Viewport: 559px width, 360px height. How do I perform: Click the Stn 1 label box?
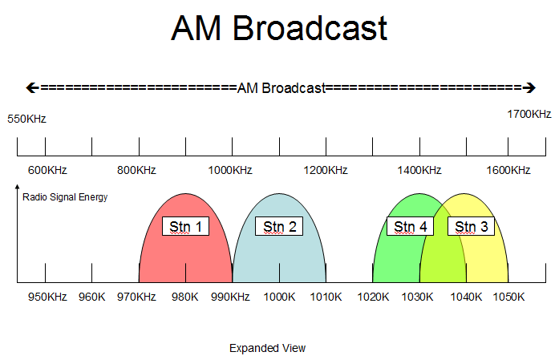[186, 226]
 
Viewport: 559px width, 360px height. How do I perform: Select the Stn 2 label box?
[279, 226]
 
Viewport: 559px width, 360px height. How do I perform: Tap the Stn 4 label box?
[410, 226]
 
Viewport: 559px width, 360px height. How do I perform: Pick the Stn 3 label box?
[471, 226]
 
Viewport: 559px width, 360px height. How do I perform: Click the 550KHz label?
[27, 119]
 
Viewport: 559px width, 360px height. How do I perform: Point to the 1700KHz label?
[529, 114]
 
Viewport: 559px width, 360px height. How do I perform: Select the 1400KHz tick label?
[419, 170]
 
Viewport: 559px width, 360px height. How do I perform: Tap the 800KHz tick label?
[136, 170]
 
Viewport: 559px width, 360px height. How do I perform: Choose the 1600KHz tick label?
[508, 170]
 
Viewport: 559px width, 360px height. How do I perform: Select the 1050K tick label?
[508, 297]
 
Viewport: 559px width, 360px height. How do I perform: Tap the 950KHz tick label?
[47, 297]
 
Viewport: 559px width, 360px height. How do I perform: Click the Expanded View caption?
[267, 348]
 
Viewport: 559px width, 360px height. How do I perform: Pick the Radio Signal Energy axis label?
[66, 196]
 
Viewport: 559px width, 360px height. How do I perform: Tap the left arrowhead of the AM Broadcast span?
[32, 87]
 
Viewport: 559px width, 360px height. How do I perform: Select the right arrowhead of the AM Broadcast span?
[529, 87]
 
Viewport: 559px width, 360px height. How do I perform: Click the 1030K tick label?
[419, 297]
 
